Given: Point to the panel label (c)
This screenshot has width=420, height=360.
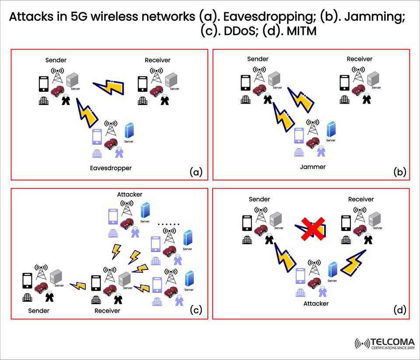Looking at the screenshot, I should coord(195,310).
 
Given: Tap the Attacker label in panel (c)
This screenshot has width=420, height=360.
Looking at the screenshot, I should coord(129,194).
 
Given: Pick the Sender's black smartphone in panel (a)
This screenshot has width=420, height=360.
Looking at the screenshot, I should coord(43,84).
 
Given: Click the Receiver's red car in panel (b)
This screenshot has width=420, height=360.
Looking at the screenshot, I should coord(357,91).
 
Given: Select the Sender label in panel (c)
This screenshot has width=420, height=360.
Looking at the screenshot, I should coord(38,311).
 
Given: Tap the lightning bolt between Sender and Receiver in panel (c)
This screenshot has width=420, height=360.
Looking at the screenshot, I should coord(78,286).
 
